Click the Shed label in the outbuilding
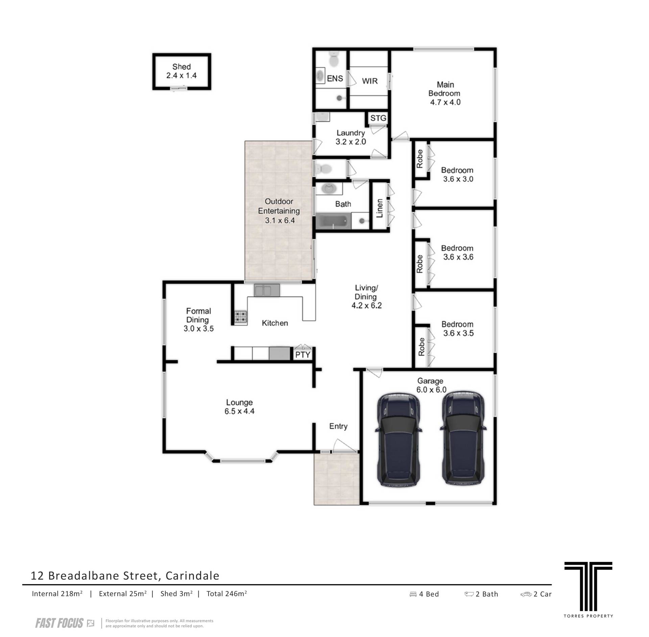click(x=182, y=67)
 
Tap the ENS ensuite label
click(x=335, y=78)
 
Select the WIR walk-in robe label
click(x=370, y=81)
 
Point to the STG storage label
click(x=378, y=118)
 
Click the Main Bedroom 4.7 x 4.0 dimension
click(x=445, y=102)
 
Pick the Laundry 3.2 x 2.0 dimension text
click(x=351, y=142)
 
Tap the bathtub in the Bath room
click(x=332, y=221)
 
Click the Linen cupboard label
click(x=380, y=208)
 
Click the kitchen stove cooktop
click(x=241, y=317)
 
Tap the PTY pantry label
click(x=303, y=355)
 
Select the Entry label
click(x=338, y=427)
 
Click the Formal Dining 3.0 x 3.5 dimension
click(x=199, y=328)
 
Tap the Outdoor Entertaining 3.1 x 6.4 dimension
click(x=280, y=221)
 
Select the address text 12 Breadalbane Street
click(x=94, y=575)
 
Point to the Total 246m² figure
click(x=227, y=593)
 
